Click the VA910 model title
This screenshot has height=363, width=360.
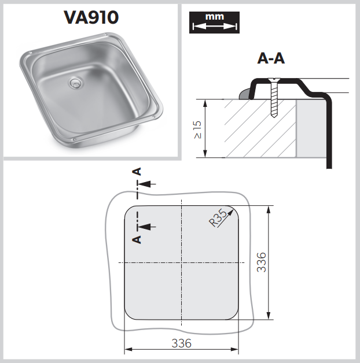coord(91,17)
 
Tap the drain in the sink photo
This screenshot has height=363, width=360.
coord(75,83)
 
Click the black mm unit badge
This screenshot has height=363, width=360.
coord(214,23)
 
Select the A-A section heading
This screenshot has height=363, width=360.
coord(271,58)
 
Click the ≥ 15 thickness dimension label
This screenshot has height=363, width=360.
coord(197,130)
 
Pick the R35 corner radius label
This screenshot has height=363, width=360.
coord(218,218)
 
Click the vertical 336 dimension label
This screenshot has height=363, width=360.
coord(262,262)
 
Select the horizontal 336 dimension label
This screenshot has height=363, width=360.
coord(182,343)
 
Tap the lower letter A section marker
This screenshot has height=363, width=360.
coord(137,240)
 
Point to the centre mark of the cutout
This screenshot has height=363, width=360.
coord(182,262)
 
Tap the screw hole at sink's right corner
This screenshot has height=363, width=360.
coord(153,117)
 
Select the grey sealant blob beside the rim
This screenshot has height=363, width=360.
coord(244,94)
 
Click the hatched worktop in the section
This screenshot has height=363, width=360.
coord(260,128)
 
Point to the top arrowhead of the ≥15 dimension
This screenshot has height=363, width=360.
coord(205,103)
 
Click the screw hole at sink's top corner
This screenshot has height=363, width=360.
coord(105,35)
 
